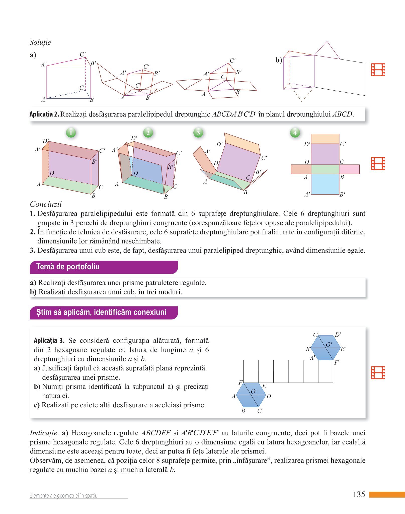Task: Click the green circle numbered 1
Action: [x=71, y=133]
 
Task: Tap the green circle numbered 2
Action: [x=148, y=133]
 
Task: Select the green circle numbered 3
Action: [x=198, y=133]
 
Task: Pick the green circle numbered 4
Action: [x=295, y=133]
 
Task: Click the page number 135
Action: [x=359, y=494]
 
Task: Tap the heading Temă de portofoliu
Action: [x=68, y=267]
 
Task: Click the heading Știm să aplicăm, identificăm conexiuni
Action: [x=101, y=312]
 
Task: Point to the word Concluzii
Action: [x=46, y=204]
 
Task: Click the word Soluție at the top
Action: [x=40, y=42]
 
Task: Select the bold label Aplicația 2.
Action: [x=44, y=114]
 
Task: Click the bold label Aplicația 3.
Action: [x=49, y=341]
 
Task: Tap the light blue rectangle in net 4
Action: [x=325, y=184]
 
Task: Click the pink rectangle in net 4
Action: [x=349, y=169]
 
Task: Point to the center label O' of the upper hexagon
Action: [x=329, y=344]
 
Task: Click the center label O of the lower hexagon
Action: [x=253, y=392]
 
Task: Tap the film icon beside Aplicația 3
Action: [x=378, y=372]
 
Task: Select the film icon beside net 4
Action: [x=378, y=164]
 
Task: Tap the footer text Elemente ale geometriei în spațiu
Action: [x=63, y=495]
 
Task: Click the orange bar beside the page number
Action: [x=387, y=494]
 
